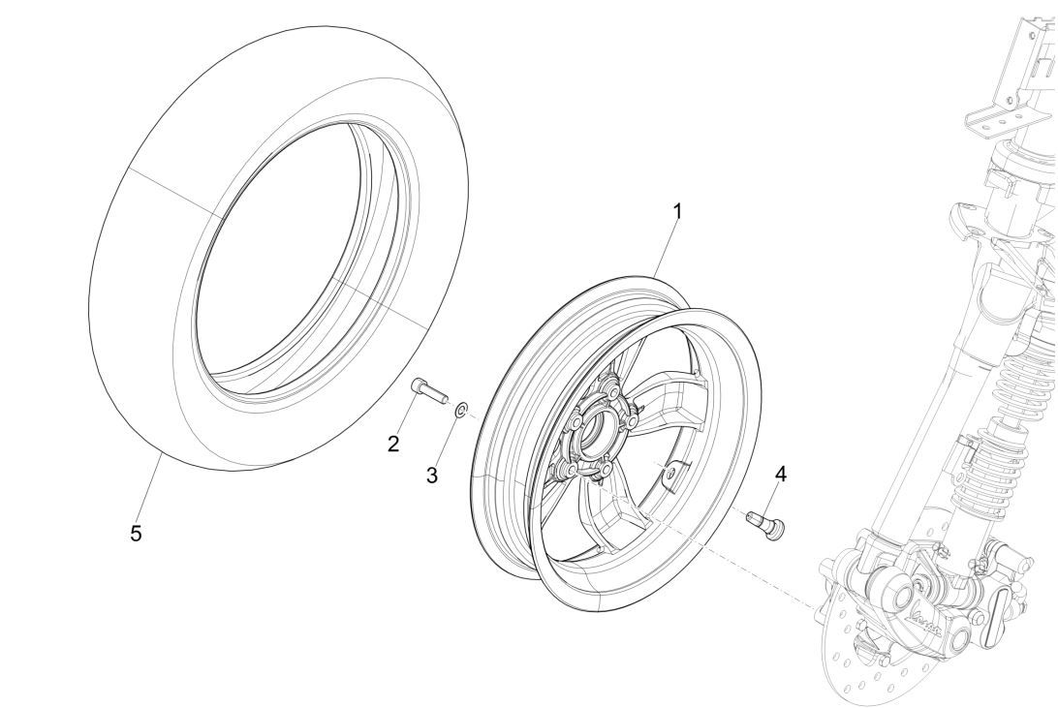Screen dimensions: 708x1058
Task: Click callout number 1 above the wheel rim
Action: [677, 210]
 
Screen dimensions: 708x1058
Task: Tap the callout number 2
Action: [393, 445]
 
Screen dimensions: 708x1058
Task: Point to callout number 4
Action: [781, 475]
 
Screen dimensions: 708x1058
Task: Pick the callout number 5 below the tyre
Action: [137, 533]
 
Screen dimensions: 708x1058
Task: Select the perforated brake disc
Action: [872, 659]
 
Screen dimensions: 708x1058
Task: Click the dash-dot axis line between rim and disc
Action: [736, 562]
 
